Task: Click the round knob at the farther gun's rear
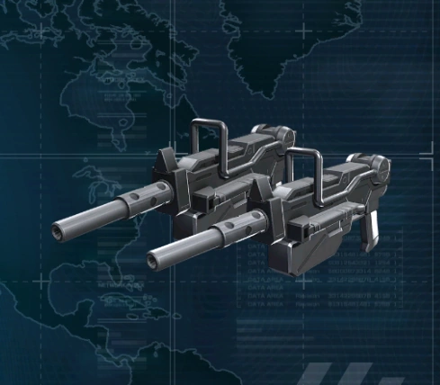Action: click(285, 135)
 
